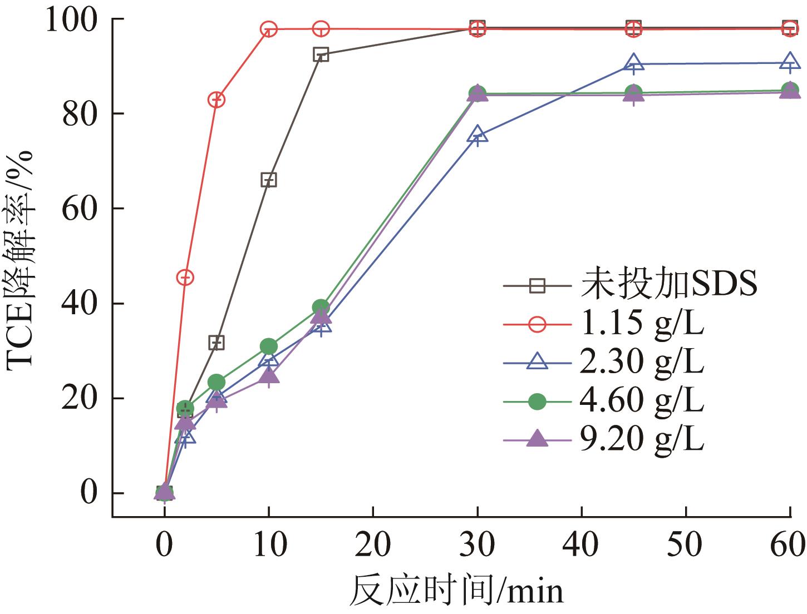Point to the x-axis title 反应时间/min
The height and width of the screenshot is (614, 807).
[x=456, y=591]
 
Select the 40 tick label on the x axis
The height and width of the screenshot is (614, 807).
[x=582, y=544]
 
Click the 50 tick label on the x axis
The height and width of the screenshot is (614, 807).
[x=686, y=544]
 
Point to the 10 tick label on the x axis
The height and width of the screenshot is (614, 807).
[x=269, y=544]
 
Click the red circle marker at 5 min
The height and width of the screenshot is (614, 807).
[x=216, y=100]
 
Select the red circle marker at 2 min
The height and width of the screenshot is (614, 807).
[x=185, y=277]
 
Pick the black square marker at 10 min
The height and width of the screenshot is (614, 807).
[x=269, y=180]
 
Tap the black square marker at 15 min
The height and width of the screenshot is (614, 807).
[x=321, y=55]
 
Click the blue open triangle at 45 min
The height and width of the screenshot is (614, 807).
[x=633, y=63]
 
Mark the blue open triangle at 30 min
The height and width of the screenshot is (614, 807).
[x=478, y=135]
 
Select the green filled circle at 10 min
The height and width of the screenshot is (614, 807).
[x=269, y=346]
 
